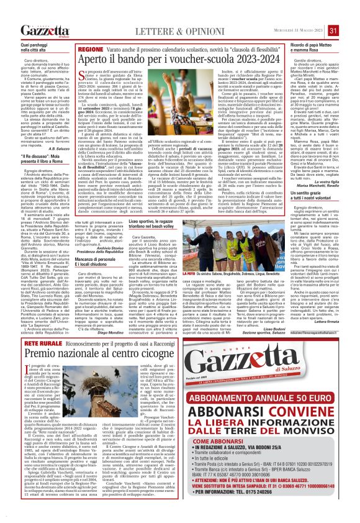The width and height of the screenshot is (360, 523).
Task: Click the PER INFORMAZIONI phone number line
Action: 271,514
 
